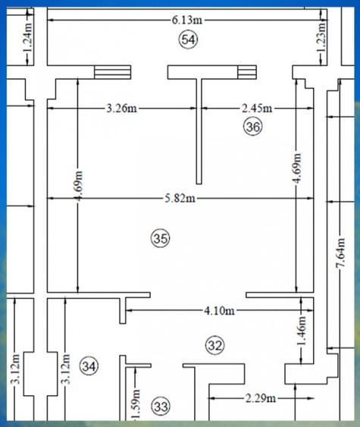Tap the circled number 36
tap(252, 127)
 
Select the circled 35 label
tap(161, 239)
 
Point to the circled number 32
tap(216, 346)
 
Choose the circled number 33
tap(161, 406)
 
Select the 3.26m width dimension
tap(121, 108)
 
